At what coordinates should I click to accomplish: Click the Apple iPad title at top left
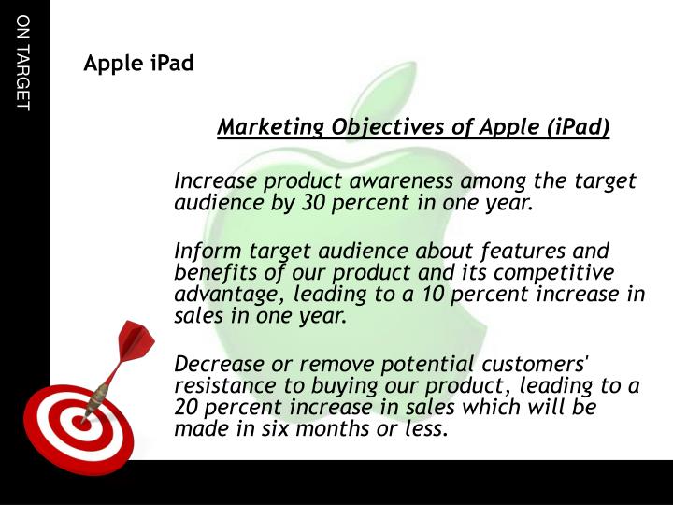(138, 65)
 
